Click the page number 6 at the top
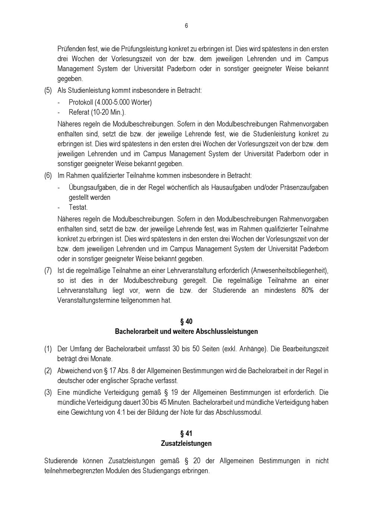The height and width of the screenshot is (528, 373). (186, 26)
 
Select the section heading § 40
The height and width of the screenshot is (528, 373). (186, 322)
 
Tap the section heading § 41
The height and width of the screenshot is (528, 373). (186, 434)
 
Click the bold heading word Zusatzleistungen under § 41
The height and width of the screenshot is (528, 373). (186, 444)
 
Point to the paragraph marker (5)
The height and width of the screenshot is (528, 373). (48, 90)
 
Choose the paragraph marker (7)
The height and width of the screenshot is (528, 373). (48, 271)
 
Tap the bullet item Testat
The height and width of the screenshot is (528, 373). (78, 207)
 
